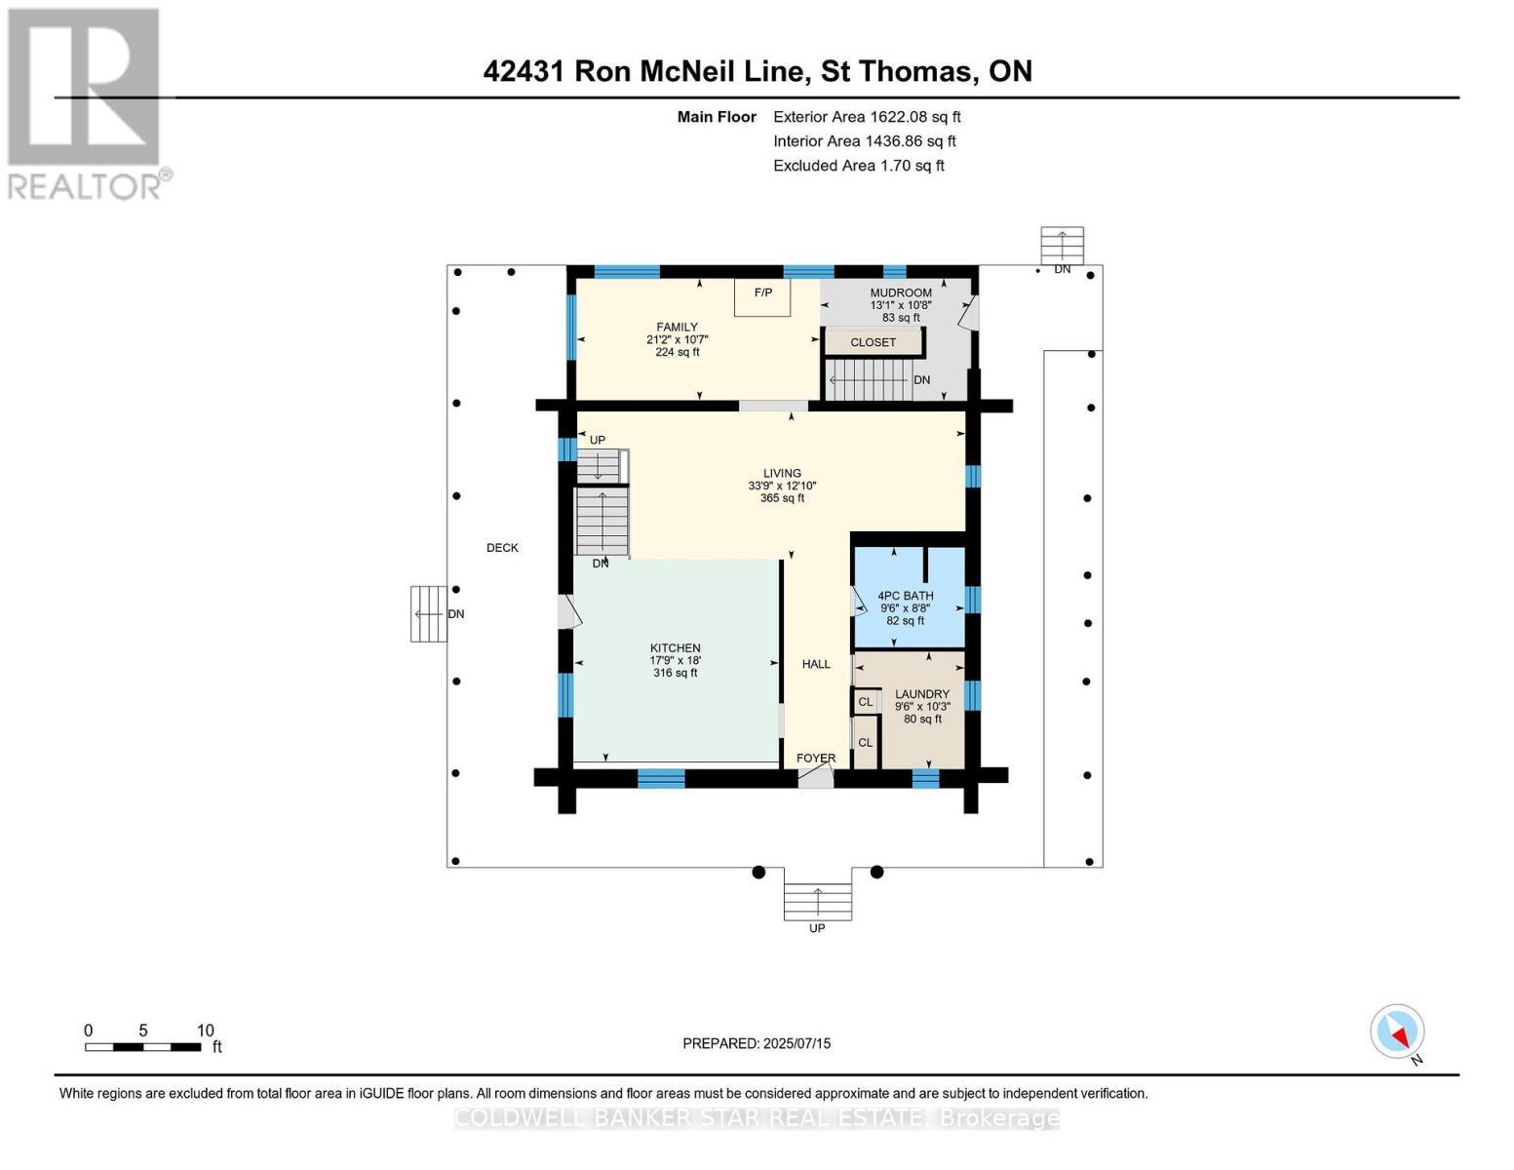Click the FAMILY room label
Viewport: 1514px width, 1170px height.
click(677, 328)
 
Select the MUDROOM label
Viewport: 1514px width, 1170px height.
click(901, 292)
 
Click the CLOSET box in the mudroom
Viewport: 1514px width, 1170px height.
click(873, 342)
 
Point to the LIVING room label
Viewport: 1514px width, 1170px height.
click(782, 473)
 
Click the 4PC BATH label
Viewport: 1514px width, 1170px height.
click(905, 596)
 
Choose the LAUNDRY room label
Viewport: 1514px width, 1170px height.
click(922, 694)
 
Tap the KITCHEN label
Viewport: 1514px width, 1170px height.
click(676, 648)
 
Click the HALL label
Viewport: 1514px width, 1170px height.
click(816, 664)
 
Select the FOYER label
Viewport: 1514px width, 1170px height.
click(816, 758)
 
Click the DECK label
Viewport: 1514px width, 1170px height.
click(502, 548)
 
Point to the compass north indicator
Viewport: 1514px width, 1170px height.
click(1398, 1033)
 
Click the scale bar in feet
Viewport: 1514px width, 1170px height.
click(143, 1047)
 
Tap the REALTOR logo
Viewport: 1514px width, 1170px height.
click(86, 103)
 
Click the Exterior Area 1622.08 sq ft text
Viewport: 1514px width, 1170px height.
click(867, 117)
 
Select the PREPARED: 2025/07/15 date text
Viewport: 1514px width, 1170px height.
click(757, 1043)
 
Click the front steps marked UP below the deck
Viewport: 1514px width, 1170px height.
click(818, 901)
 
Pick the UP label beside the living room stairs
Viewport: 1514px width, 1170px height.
click(598, 440)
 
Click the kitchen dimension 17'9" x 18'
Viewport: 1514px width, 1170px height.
click(676, 661)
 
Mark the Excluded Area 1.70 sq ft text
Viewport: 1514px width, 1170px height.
click(858, 166)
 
